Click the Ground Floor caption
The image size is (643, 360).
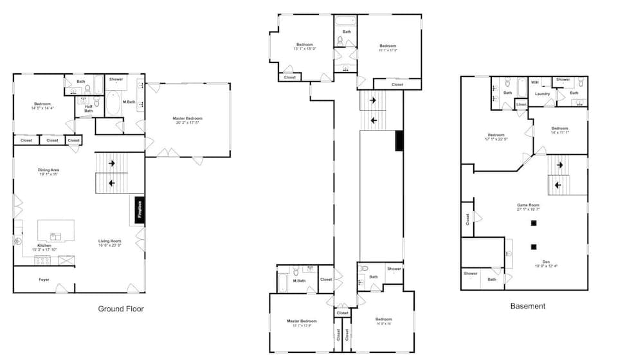(121, 309)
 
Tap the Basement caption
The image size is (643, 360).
(527, 306)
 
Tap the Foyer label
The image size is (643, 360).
(44, 280)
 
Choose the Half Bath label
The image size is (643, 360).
(89, 109)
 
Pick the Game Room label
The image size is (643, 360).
(528, 207)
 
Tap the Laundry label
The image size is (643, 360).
(542, 94)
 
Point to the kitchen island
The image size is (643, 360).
(56, 230)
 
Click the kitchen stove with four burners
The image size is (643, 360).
(42, 260)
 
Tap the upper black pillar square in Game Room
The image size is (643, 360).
(533, 223)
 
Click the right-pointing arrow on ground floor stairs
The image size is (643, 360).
(112, 163)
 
